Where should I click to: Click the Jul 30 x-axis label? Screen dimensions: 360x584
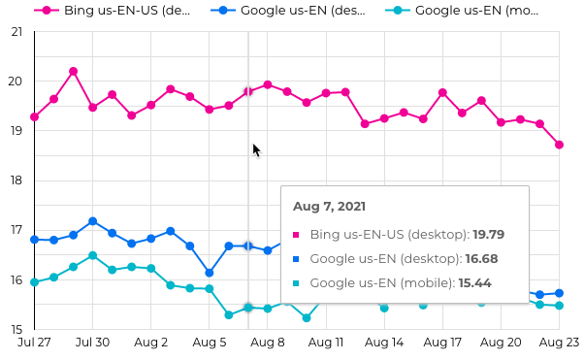(x=92, y=343)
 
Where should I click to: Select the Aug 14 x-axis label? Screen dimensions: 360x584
(x=385, y=343)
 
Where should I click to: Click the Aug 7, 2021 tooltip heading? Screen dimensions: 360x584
(x=329, y=207)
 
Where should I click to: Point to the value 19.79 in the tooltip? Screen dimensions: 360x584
(x=489, y=234)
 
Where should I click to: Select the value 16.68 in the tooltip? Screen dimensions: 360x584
(x=481, y=258)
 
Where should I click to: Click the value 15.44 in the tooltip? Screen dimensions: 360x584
(x=474, y=282)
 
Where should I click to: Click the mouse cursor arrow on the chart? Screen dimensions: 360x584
(x=256, y=150)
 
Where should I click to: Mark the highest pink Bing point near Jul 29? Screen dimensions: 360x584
(x=74, y=72)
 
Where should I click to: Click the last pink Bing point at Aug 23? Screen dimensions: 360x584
(x=560, y=145)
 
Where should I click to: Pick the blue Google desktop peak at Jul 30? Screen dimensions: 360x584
(x=93, y=221)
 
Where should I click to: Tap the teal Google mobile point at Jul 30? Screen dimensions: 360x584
(x=93, y=256)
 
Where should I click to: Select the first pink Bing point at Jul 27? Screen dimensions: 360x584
(x=35, y=116)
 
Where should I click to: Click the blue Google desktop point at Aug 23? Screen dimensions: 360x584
(x=560, y=293)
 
